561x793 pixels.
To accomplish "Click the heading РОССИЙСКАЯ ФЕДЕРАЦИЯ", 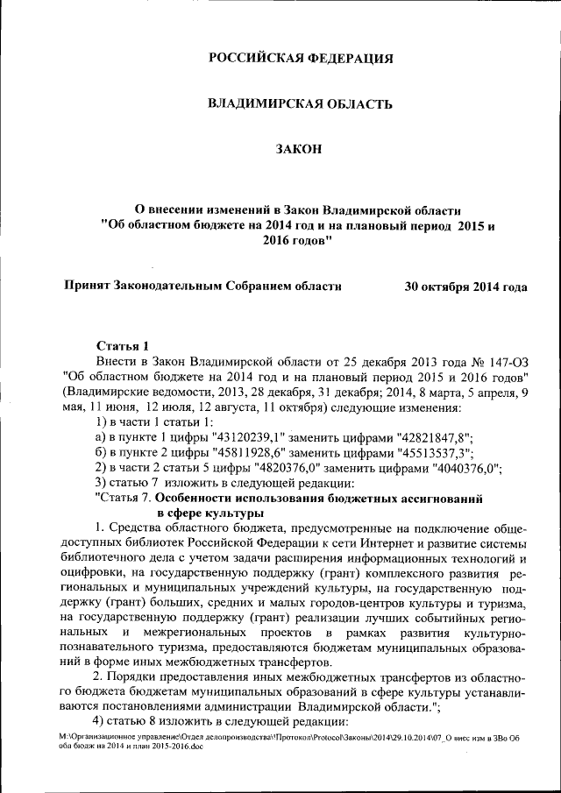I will tap(300, 59).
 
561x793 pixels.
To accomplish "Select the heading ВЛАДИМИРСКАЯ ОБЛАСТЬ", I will tap(300, 104).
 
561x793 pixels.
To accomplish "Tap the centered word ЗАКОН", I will tap(300, 150).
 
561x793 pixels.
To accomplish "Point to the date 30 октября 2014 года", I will tap(465, 287).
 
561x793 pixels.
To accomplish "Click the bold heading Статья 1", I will tap(124, 345).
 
